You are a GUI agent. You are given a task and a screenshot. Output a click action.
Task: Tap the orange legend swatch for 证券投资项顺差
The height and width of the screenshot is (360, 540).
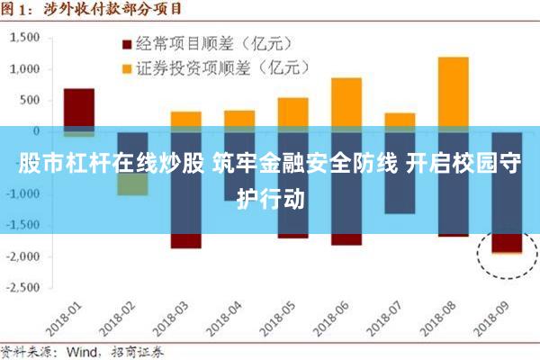point(126,67)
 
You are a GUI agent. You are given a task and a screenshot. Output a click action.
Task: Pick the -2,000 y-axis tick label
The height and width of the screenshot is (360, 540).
point(22,256)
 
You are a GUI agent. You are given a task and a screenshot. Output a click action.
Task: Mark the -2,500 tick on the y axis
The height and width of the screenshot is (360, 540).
point(22,288)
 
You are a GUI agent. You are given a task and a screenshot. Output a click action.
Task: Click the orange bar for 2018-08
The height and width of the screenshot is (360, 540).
point(453,90)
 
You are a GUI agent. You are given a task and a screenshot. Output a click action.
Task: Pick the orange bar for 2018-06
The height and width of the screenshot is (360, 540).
point(346,101)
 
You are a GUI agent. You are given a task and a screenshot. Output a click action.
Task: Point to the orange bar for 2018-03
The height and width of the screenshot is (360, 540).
point(185,119)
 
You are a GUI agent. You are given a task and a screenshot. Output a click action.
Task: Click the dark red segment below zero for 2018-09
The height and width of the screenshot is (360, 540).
point(506,243)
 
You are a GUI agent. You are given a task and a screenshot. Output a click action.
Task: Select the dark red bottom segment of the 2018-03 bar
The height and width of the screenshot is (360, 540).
point(185,241)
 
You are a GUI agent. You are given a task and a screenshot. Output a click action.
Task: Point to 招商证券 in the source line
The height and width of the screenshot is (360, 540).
point(133,351)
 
